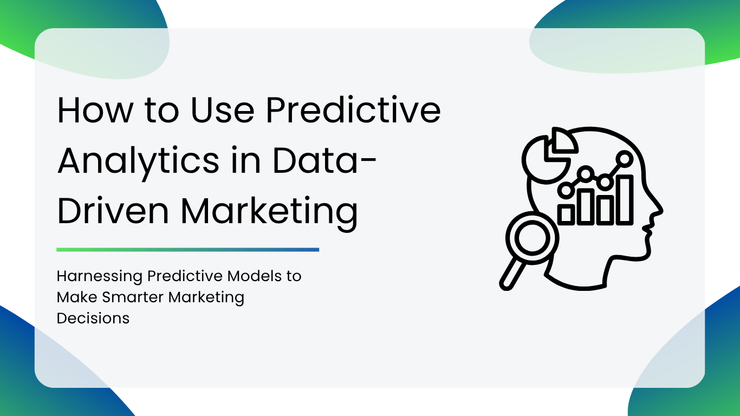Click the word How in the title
tap(95, 110)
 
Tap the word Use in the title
tap(222, 110)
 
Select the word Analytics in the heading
tap(139, 161)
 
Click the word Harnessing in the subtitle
tap(100, 276)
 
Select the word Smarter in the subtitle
tap(133, 297)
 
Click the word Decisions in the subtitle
tap(93, 318)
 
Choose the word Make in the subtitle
tap(77, 297)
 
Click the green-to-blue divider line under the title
tap(187, 250)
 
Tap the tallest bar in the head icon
tap(625, 200)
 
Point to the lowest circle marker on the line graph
tap(566, 190)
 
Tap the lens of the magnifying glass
tap(532, 238)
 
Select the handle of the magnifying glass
tap(512, 274)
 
